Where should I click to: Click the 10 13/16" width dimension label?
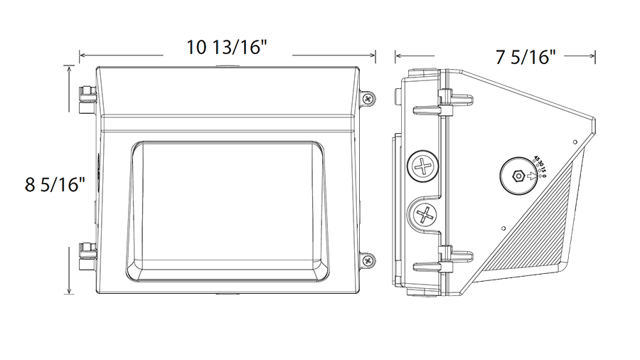coord(225,49)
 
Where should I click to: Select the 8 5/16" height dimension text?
coord(54,184)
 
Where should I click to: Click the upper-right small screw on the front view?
coord(367,99)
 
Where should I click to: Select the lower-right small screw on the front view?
coord(367,261)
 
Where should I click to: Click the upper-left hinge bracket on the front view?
coord(89,100)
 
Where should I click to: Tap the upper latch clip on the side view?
coord(442,104)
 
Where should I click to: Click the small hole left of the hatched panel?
coord(503,228)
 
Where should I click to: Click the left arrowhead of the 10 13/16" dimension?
coord(83,55)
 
